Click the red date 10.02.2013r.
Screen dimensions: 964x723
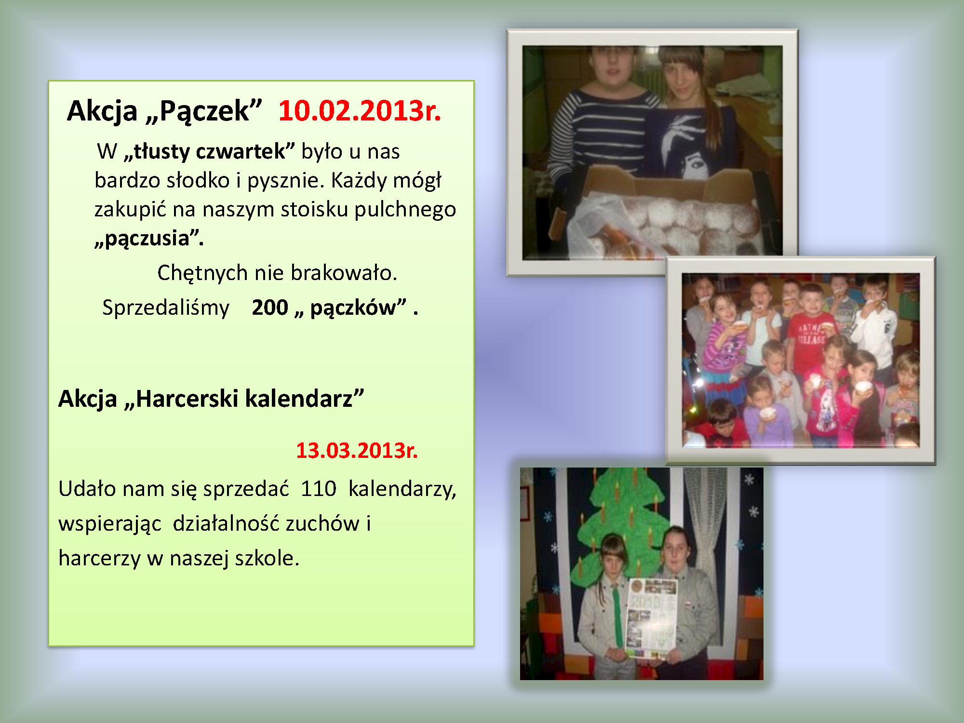click(x=360, y=111)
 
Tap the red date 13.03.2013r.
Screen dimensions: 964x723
click(x=357, y=451)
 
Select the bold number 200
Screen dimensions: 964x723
click(x=270, y=308)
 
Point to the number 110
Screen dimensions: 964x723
click(x=319, y=489)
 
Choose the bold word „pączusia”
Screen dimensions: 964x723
click(x=149, y=239)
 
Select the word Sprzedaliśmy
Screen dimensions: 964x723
click(x=166, y=308)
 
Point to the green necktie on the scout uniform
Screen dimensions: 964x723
click(x=617, y=615)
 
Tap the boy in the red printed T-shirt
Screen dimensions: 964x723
click(x=811, y=333)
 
